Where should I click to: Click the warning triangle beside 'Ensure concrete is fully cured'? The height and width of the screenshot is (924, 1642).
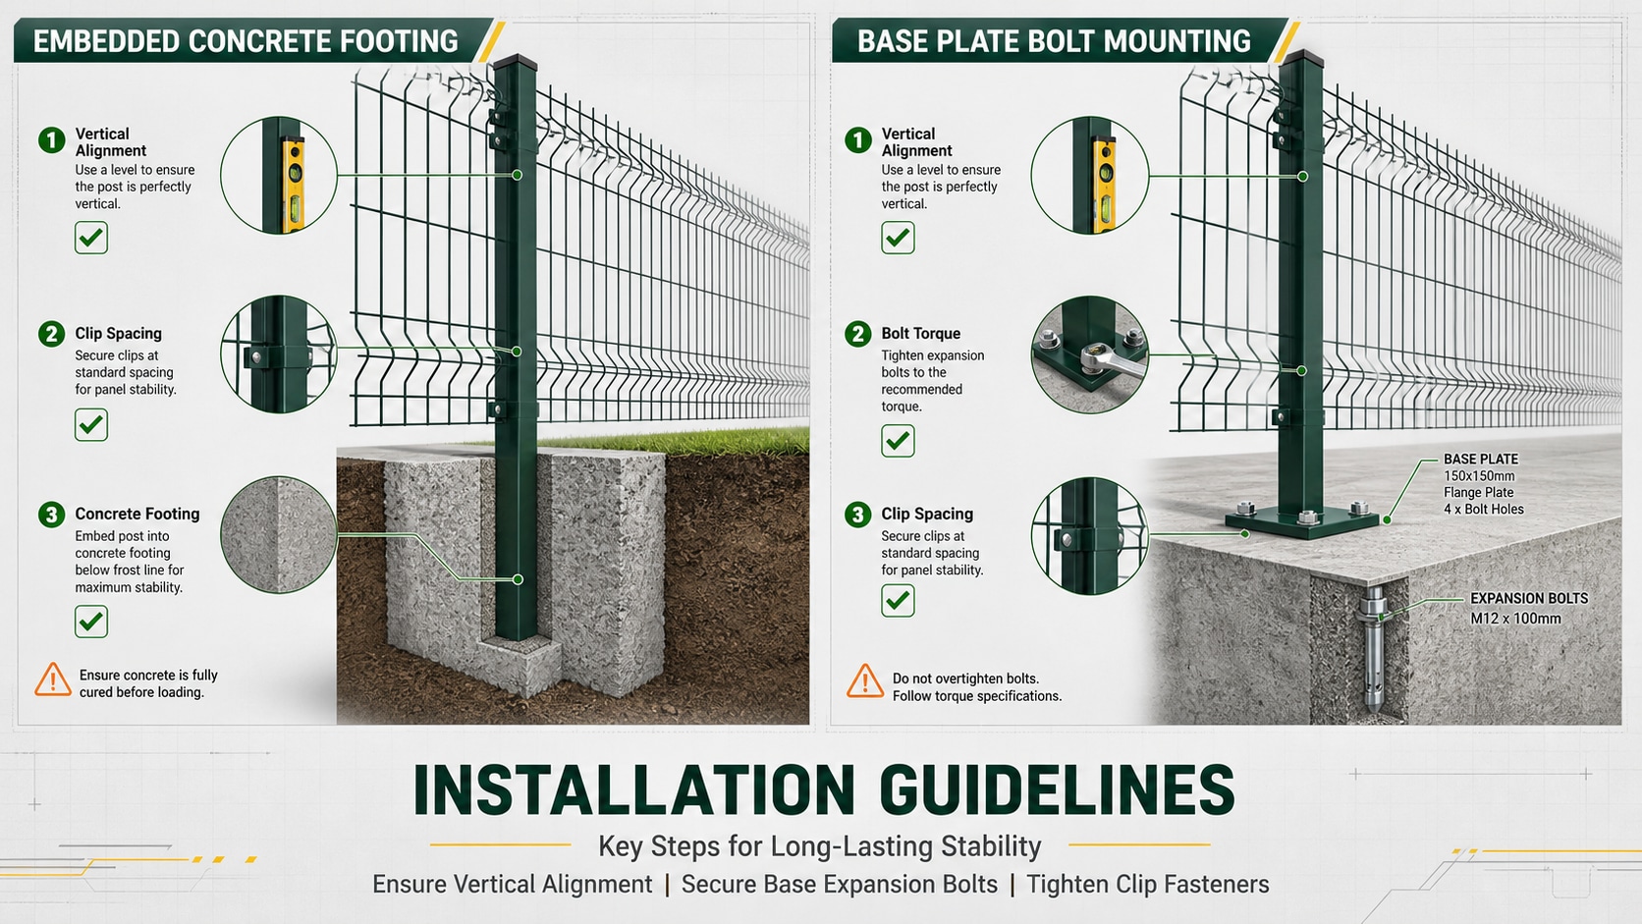[53, 680]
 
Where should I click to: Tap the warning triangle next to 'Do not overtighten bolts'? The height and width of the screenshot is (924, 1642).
[865, 681]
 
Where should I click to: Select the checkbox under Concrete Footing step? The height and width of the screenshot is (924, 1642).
[91, 622]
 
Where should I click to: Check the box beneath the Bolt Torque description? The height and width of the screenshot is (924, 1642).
[898, 440]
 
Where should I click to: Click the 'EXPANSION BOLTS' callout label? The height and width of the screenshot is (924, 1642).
[1529, 599]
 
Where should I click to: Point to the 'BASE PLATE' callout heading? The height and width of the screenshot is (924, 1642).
[1481, 460]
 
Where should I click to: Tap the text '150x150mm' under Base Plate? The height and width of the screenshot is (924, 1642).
[1479, 476]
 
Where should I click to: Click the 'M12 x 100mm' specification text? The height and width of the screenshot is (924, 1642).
[1515, 619]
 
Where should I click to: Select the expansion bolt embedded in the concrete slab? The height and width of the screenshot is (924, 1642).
[1372, 649]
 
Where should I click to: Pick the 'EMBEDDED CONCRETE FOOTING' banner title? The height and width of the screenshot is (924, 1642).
[246, 42]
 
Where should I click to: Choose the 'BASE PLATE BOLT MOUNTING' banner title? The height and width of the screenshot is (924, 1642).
[1054, 42]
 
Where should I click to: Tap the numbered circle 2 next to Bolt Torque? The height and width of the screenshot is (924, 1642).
[857, 334]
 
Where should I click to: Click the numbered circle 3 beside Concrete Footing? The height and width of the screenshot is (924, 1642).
[51, 515]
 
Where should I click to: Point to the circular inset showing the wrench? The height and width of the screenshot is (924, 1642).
[1089, 354]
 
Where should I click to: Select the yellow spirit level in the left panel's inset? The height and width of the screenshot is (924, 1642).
[294, 185]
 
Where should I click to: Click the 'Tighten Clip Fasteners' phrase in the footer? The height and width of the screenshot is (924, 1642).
[1147, 885]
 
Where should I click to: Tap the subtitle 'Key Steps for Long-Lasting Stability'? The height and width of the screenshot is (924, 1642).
[820, 846]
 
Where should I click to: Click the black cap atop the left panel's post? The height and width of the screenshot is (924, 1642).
[516, 62]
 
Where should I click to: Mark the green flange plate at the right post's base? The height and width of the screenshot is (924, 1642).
[1302, 521]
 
